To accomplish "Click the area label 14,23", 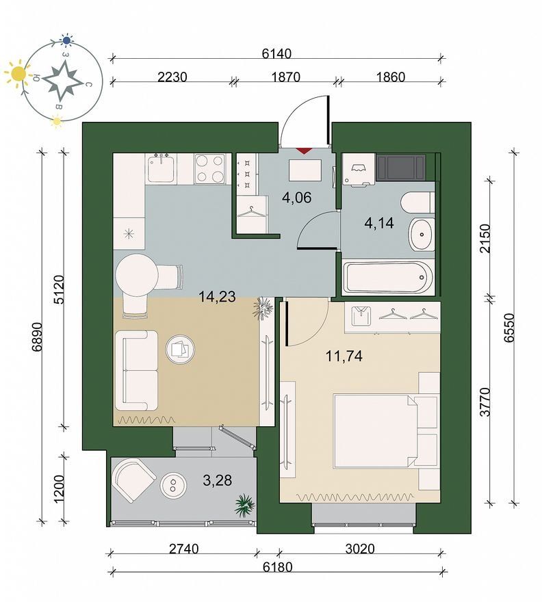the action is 217,296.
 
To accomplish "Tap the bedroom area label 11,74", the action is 344,356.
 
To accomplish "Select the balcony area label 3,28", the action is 218,480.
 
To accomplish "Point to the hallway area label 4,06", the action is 296,198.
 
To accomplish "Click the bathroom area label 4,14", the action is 379,223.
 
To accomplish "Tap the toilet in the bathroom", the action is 417,202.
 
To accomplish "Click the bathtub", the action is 388,277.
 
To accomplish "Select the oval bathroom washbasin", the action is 422,234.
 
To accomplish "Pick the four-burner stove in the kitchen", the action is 209,169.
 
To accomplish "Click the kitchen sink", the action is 162,168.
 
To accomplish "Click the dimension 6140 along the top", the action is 276,53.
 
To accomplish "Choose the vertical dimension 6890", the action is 37,337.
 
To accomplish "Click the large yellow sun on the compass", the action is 18,73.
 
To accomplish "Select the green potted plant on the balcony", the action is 245,503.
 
